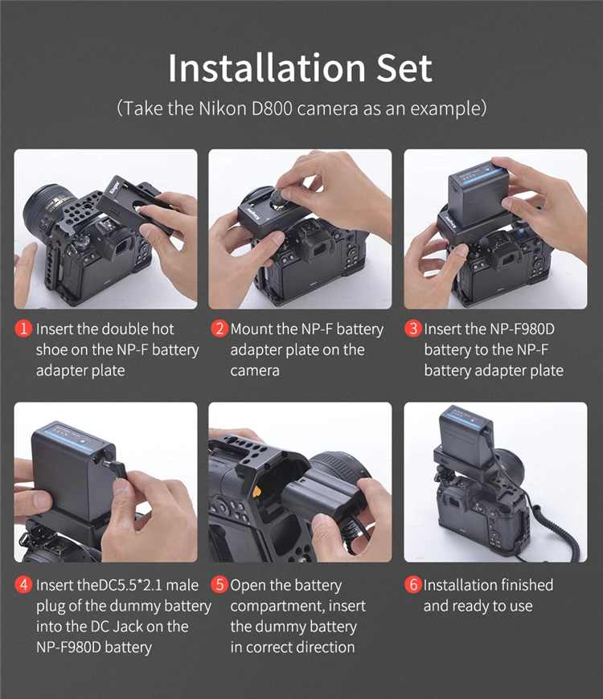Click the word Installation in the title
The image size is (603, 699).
tap(267, 67)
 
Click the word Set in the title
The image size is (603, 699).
tap(404, 67)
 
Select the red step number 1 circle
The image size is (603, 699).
tap(23, 329)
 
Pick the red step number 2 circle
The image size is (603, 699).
tap(219, 329)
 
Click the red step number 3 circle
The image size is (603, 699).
tap(413, 329)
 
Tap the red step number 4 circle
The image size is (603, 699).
tap(23, 585)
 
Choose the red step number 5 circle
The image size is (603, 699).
tap(219, 585)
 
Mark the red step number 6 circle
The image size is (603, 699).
tap(413, 585)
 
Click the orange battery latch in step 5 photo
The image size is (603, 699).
tap(256, 492)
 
